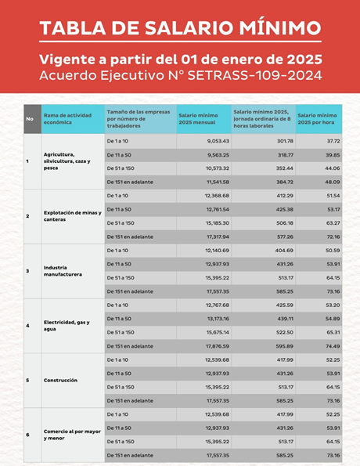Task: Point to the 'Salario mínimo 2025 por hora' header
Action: click(x=318, y=118)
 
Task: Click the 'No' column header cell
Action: click(x=30, y=118)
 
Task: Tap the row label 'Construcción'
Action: click(x=60, y=381)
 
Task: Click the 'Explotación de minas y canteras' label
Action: click(x=70, y=216)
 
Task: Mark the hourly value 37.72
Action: click(x=333, y=141)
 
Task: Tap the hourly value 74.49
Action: click(x=333, y=345)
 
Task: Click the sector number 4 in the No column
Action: click(x=27, y=326)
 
